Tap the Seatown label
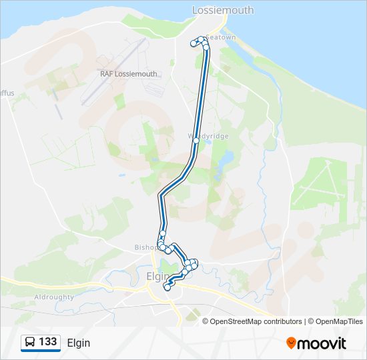tap(221, 37)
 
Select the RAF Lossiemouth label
tap(129, 74)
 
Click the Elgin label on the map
tap(157, 275)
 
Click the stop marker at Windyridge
tap(196, 141)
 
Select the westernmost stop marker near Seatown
tap(194, 43)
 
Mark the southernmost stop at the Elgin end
tap(167, 288)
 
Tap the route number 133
tap(48, 342)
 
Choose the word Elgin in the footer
tap(78, 343)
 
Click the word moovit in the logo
tap(322, 343)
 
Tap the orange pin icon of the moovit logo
tap(292, 343)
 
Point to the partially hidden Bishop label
tap(145, 247)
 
